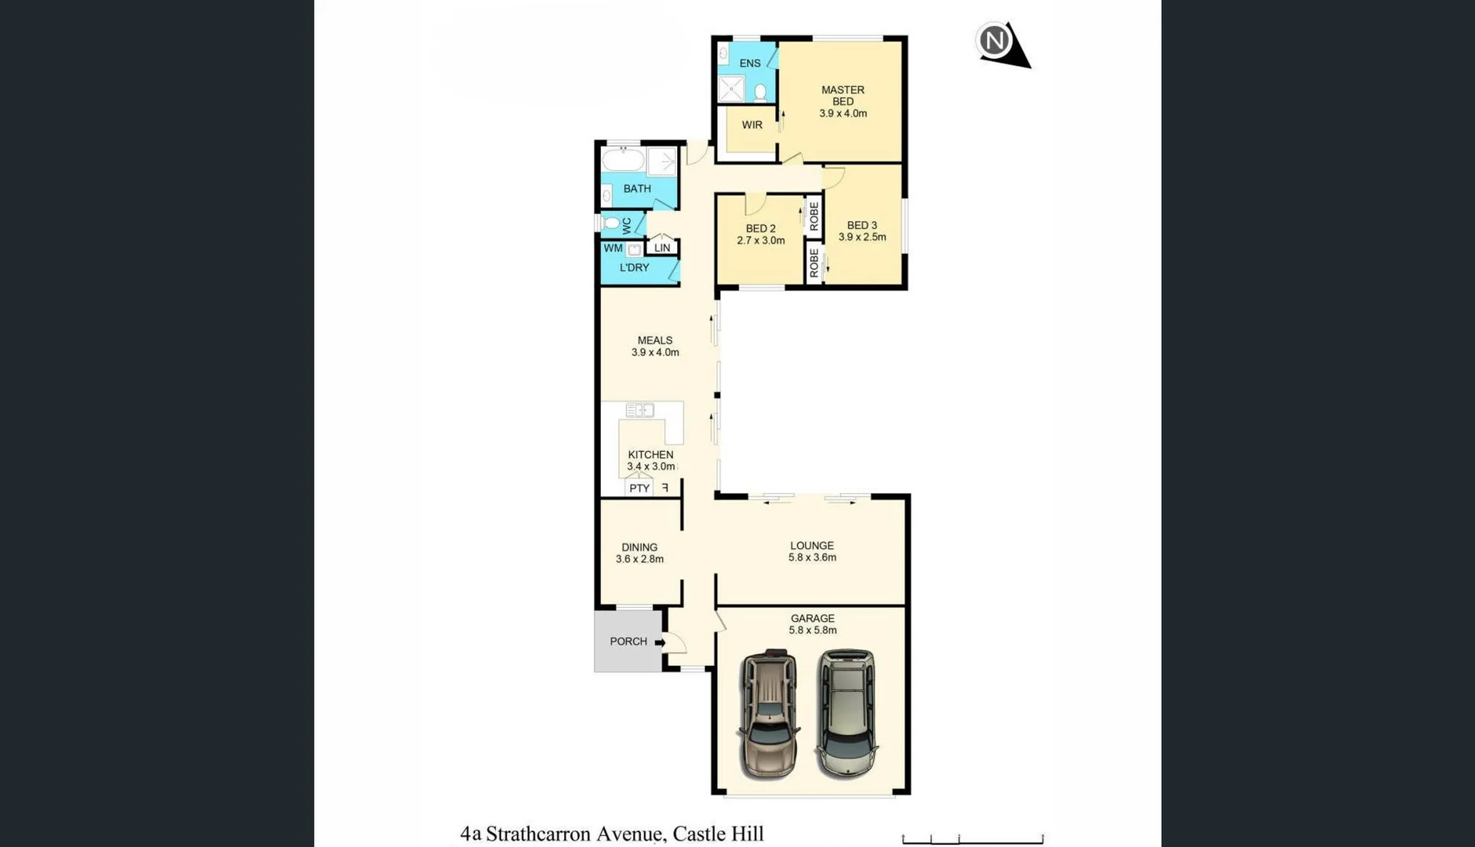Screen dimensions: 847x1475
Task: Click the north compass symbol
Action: click(x=996, y=41)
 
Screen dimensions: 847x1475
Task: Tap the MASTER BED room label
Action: click(x=843, y=96)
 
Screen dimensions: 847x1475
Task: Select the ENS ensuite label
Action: click(x=749, y=64)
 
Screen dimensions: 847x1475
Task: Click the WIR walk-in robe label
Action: click(x=752, y=125)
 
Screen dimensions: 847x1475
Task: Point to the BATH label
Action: click(x=637, y=189)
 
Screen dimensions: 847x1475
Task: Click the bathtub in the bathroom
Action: click(x=623, y=161)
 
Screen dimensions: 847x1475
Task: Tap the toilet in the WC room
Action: click(x=612, y=224)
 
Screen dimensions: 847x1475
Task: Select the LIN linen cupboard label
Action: click(x=662, y=248)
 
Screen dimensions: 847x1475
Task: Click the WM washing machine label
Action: click(x=613, y=248)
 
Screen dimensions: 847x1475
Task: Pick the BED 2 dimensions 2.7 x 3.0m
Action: click(x=760, y=241)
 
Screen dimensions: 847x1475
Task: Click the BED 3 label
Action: click(x=861, y=225)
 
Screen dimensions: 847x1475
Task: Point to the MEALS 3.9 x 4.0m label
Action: click(x=655, y=346)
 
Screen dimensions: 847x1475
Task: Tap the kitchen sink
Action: click(x=639, y=410)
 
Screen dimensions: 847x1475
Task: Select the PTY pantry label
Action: click(x=639, y=489)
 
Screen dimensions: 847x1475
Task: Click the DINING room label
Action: click(x=639, y=547)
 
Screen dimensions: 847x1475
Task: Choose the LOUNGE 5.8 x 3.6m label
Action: click(x=812, y=551)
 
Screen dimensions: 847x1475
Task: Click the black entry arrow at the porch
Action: click(x=660, y=643)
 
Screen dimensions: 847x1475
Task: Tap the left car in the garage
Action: click(x=769, y=714)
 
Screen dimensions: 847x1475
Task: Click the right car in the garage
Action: click(x=846, y=712)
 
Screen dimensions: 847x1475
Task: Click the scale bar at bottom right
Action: click(x=972, y=839)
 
